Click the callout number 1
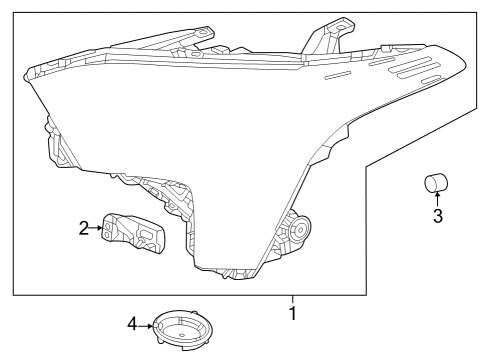click(293, 313)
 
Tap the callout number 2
click(84, 229)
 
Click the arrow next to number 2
click(97, 229)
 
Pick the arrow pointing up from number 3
click(436, 199)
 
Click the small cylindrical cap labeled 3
click(435, 183)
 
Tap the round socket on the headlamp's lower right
click(297, 230)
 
